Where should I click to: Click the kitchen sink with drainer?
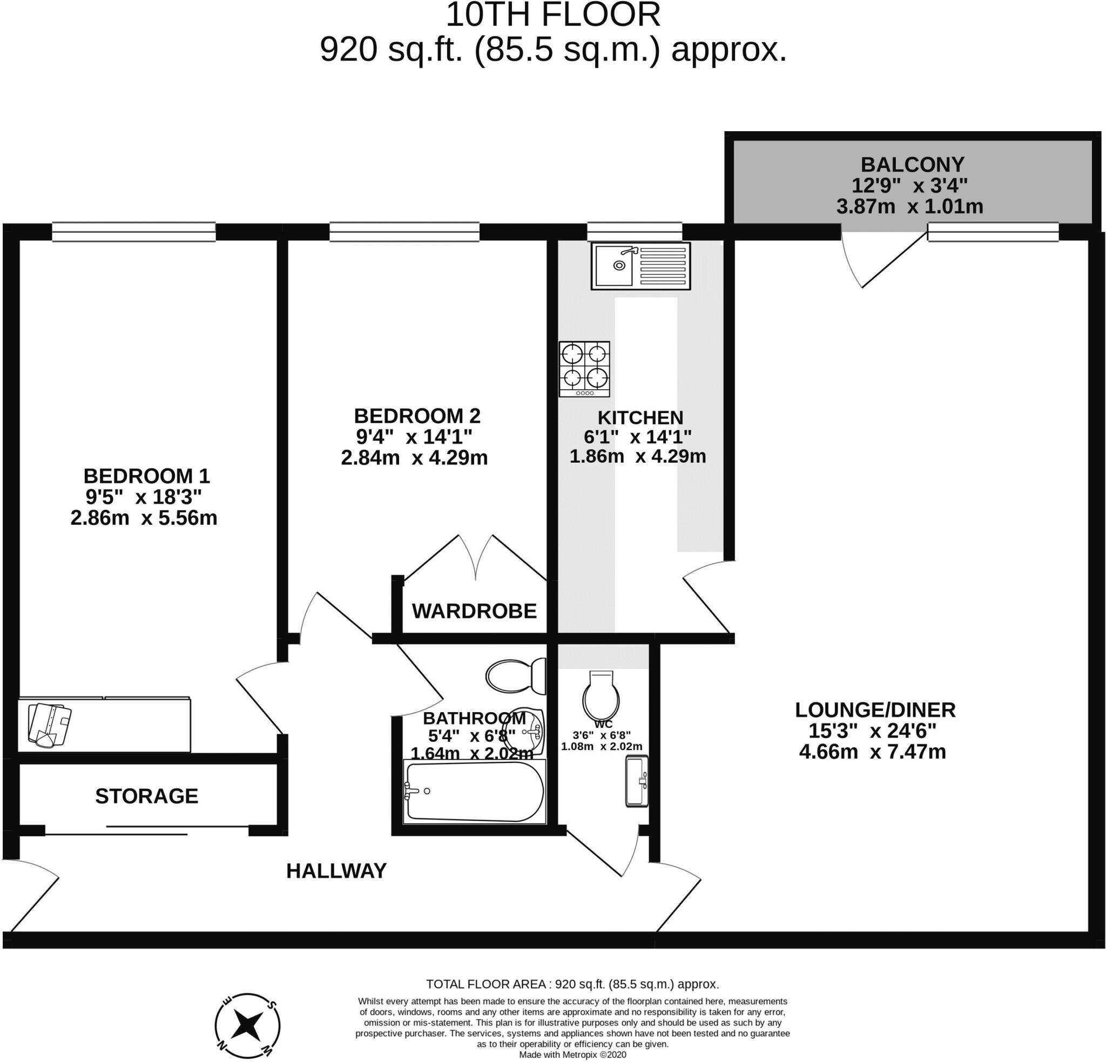tap(640, 266)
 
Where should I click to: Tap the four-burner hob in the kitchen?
tap(584, 368)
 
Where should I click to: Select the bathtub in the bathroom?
tap(475, 790)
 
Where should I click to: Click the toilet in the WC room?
tap(601, 695)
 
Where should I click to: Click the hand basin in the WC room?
tap(637, 782)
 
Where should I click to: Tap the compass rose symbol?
tap(247, 1024)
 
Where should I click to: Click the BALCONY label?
tap(912, 164)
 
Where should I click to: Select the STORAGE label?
tap(147, 796)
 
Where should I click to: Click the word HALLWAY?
tap(336, 871)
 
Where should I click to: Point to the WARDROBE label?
tap(474, 611)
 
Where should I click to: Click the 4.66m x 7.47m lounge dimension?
tap(872, 752)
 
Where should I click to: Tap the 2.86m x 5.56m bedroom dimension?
tap(143, 517)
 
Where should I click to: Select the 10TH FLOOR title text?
tap(552, 15)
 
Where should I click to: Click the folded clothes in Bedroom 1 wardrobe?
tap(49, 725)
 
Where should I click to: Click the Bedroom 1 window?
tap(134, 232)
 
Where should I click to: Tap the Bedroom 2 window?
tap(404, 232)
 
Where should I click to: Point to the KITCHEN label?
tap(640, 417)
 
